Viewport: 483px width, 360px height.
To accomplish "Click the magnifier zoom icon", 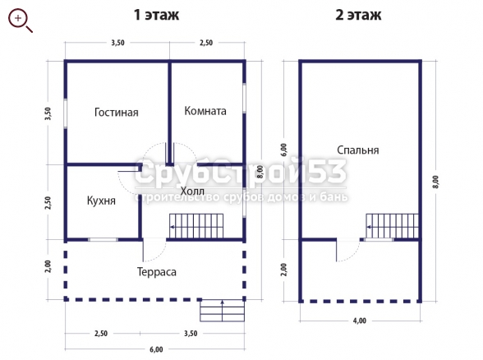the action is point(20,21).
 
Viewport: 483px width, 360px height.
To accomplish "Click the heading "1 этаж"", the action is point(156,15).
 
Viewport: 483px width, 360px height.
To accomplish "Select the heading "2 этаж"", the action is point(358,15).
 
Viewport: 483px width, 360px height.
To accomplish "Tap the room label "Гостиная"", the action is point(116,112).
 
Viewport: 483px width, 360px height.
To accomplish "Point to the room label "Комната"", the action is point(205,111).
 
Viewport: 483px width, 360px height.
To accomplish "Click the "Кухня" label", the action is point(101,201).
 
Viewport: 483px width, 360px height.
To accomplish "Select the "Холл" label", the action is point(192,191).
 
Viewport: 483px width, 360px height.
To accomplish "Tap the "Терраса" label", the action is point(156,272).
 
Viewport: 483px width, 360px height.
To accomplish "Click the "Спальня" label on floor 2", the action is point(357,150).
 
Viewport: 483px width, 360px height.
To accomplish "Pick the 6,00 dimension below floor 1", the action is point(156,349).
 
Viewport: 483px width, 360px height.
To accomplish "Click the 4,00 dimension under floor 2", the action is point(360,321).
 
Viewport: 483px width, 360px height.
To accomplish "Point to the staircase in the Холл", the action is point(196,226).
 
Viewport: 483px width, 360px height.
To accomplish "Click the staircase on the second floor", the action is point(393,226).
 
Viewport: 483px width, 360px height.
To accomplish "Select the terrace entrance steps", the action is point(222,311).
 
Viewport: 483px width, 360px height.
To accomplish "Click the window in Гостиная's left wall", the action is point(66,113).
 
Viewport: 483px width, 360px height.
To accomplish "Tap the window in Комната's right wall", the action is point(244,98).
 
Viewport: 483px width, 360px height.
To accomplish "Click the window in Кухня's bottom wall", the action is point(103,239).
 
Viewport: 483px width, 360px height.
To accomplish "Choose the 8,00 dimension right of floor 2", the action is point(435,182).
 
